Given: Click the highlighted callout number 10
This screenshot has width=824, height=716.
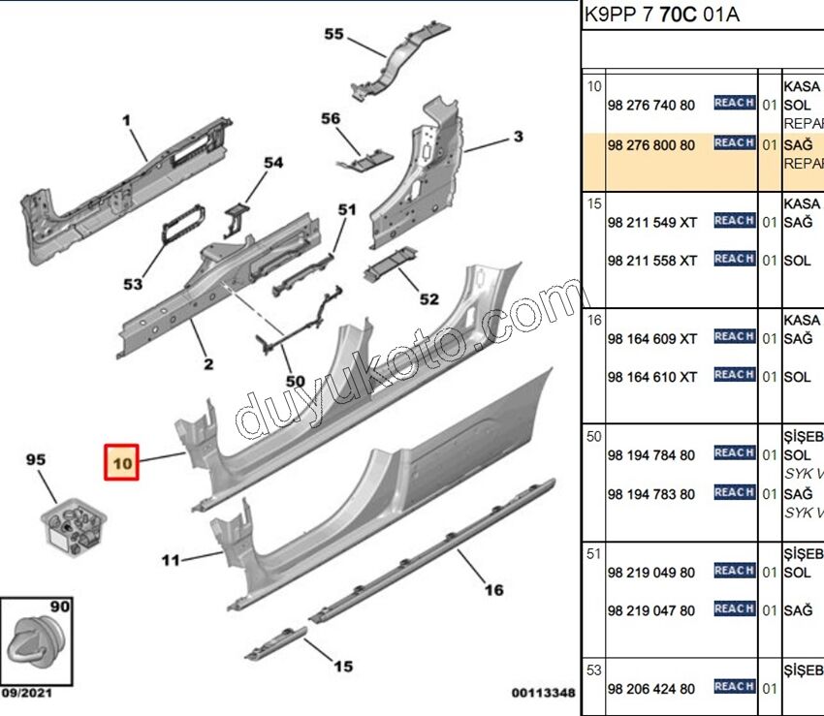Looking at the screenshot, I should click(x=122, y=463).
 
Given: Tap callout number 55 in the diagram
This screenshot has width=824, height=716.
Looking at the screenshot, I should click(x=333, y=35).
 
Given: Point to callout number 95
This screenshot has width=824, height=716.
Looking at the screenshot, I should click(x=36, y=462).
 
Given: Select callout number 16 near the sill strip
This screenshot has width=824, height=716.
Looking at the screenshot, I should click(x=493, y=590).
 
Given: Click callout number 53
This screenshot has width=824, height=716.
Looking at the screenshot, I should click(x=133, y=284).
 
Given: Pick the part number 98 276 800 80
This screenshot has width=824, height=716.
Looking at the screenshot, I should click(x=650, y=145).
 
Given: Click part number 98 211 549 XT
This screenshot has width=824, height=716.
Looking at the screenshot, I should click(x=651, y=222).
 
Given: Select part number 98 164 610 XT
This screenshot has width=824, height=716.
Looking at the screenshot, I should click(x=651, y=377).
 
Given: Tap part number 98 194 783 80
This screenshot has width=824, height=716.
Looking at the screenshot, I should click(x=650, y=494).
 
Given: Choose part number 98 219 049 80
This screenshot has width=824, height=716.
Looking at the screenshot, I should click(x=650, y=573).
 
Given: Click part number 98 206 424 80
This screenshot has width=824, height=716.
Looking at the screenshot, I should click(x=650, y=689).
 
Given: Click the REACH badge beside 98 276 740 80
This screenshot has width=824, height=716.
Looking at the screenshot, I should click(x=734, y=104).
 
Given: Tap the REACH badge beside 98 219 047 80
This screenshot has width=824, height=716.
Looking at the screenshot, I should click(x=734, y=609).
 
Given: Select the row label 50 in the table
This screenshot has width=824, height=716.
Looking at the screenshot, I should click(x=593, y=437).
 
